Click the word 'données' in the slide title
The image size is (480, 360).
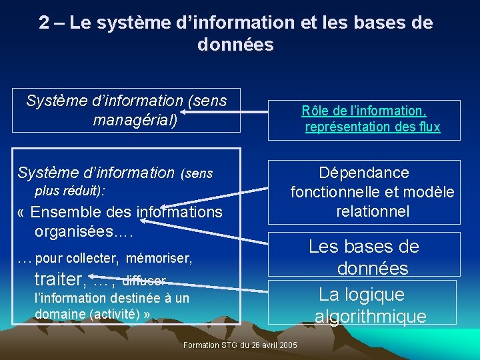[x=235, y=45]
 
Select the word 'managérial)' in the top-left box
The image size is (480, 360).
[x=135, y=121]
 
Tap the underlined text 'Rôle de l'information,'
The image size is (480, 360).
[x=364, y=111]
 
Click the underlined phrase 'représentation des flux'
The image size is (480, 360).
[x=373, y=127]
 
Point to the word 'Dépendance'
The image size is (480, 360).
[x=364, y=173]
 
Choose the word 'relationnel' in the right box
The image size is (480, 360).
[x=373, y=212]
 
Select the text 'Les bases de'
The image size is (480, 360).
[x=364, y=247]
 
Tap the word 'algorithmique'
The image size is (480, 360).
[x=371, y=317]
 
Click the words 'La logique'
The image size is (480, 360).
[x=362, y=295]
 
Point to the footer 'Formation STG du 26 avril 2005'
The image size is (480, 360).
[x=240, y=345]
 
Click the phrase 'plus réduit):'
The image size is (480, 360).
[x=70, y=191]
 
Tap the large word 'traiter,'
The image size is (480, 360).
[x=60, y=279]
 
